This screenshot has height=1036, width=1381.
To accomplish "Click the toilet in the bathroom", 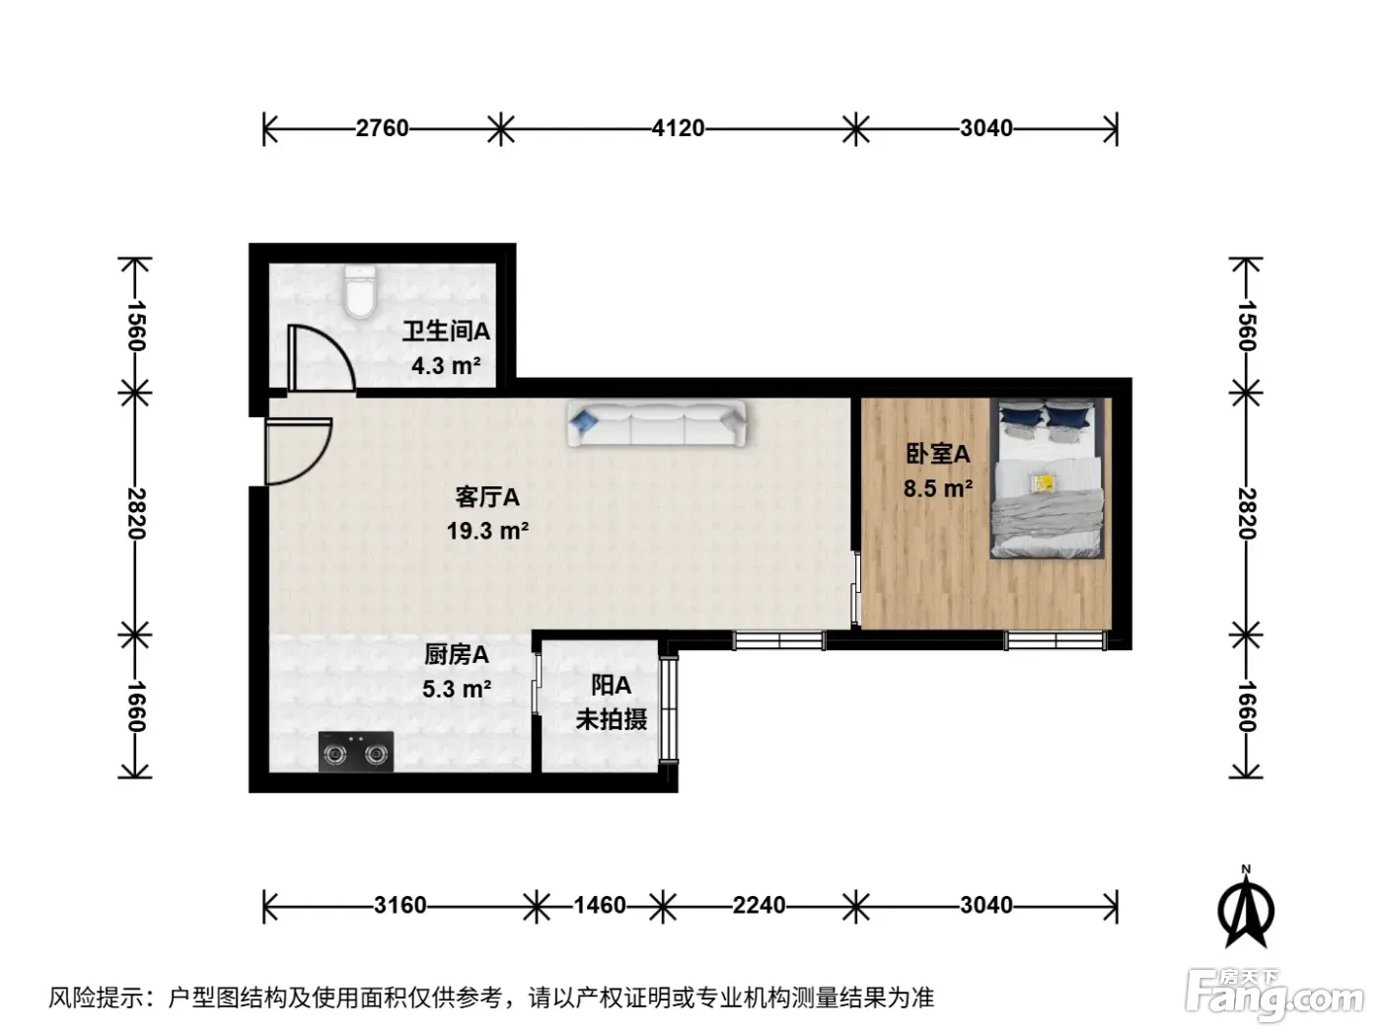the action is click(360, 291).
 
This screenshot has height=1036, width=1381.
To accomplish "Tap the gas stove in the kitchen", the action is click(356, 751).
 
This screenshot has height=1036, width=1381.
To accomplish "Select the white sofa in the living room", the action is click(656, 424).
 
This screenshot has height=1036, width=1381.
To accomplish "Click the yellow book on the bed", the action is click(1043, 482).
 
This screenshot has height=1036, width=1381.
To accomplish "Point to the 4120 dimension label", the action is click(679, 128).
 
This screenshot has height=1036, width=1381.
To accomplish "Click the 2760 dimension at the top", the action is click(382, 128).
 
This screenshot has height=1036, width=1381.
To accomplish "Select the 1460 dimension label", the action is click(600, 905).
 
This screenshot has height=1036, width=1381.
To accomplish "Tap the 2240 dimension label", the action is click(759, 905).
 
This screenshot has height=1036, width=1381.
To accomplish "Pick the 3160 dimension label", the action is click(400, 905).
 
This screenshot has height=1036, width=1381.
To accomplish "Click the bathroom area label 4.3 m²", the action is click(446, 365).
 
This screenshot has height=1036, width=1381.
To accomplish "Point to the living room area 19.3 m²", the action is click(487, 531).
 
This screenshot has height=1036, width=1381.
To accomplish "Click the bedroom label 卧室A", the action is click(937, 454).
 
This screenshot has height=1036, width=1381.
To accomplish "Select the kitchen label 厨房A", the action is click(456, 655).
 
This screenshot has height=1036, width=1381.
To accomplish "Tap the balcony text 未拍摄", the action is click(611, 719).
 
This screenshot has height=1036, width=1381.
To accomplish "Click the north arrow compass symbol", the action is click(1246, 910).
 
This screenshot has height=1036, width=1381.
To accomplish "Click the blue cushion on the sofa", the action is click(583, 420).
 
